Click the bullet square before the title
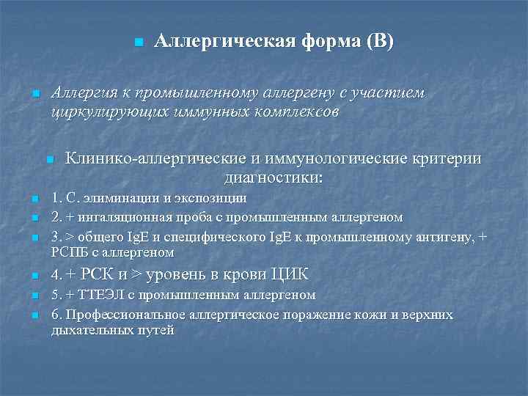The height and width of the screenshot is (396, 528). click(136, 43)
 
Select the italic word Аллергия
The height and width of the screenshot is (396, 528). click(83, 94)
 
